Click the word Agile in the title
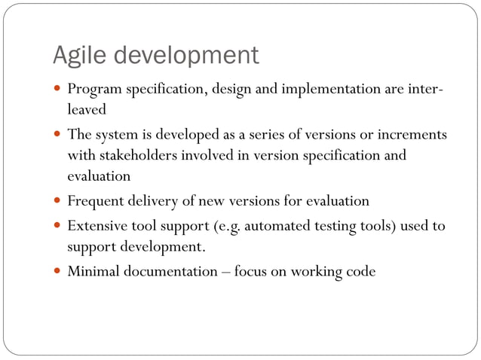pos(79,56)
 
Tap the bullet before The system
pos(58,135)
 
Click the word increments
pos(414,136)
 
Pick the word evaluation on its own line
pos(99,176)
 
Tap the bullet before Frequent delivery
pos(58,202)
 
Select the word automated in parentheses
pos(277,226)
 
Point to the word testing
pos(332,227)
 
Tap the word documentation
pos(167,271)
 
